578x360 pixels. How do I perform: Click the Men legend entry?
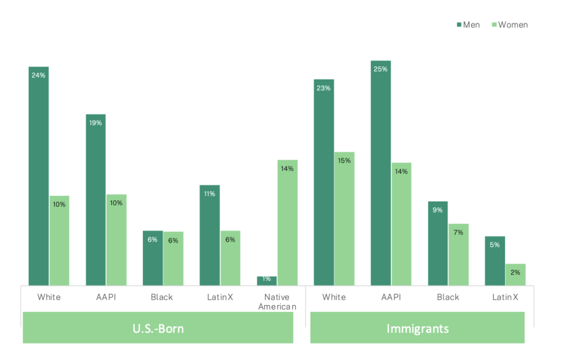468,24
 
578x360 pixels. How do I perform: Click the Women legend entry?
509,24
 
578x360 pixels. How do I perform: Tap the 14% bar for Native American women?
287,222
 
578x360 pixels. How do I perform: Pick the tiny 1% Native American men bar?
267,280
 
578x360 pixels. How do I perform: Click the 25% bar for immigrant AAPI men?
380,173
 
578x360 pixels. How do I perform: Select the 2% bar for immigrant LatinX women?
515,274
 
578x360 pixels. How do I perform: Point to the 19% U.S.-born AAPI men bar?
95,200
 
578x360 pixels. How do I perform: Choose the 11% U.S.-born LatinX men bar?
209,235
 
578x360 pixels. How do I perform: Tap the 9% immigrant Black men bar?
437,243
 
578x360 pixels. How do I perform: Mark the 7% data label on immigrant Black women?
458,232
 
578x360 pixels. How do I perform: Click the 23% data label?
323,88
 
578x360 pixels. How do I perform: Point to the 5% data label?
494,245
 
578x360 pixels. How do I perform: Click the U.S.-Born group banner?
158,328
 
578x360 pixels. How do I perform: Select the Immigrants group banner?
417,328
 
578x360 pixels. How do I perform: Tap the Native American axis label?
277,302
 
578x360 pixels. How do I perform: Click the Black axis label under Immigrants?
448,297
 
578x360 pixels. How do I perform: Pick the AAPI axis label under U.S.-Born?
106,297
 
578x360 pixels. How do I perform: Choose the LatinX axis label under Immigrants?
505,297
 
